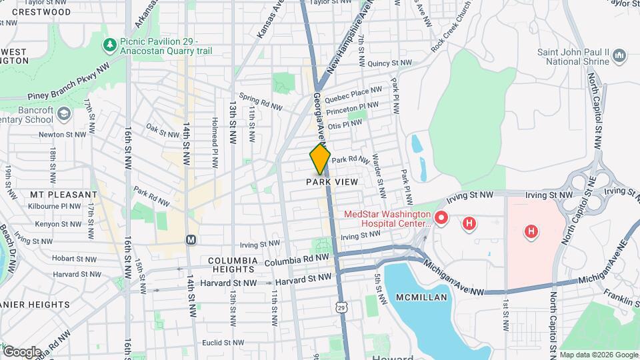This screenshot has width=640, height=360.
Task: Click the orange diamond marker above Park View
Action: coord(320,159)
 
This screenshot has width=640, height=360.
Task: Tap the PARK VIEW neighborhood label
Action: coord(332,182)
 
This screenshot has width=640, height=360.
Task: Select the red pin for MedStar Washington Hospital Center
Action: coord(441,217)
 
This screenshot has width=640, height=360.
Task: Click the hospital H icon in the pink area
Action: coord(531,232)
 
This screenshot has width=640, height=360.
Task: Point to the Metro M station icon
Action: coord(191,239)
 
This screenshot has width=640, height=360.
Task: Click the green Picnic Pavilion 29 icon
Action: coord(109,44)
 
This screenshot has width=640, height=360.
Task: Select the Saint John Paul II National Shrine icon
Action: coord(620,55)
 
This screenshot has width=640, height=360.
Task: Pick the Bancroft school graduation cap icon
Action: coord(63,115)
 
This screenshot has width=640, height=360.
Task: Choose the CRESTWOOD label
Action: coord(41,12)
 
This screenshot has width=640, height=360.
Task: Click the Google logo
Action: coord(22,351)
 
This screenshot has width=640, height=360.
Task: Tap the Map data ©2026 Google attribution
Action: coord(598,355)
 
